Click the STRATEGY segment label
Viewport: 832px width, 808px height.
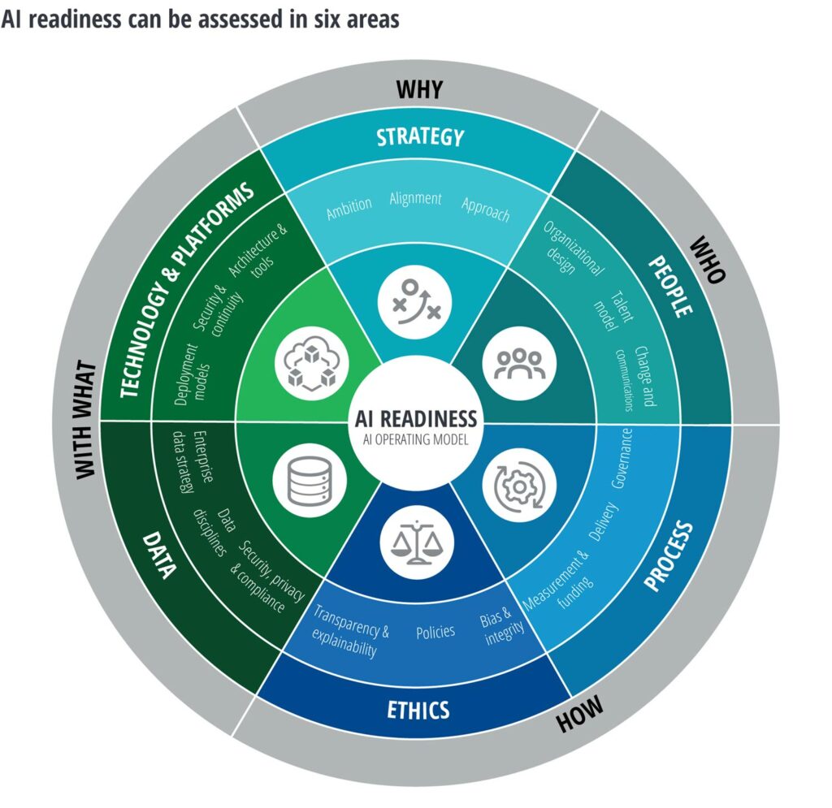(419, 136)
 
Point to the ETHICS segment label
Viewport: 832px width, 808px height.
(418, 710)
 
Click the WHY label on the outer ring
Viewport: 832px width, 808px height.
(419, 89)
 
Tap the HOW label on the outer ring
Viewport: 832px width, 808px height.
(580, 712)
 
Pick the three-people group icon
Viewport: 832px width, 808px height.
(517, 362)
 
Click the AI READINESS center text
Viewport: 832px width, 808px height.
(416, 418)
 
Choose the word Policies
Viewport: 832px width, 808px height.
(435, 632)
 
